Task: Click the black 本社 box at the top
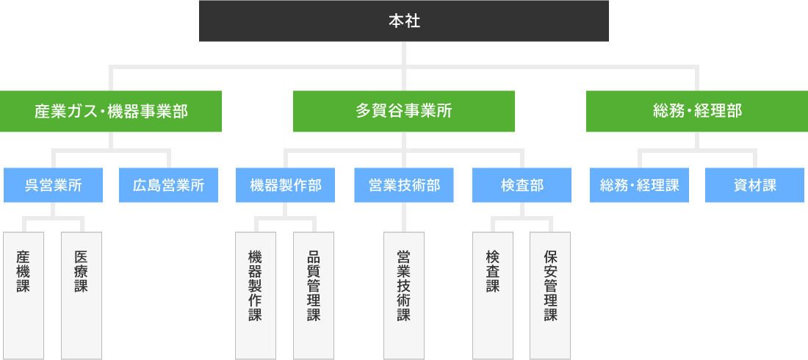pyautogui.click(x=404, y=21)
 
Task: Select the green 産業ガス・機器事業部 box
pyautogui.click(x=111, y=111)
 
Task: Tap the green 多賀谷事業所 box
pyautogui.click(x=404, y=111)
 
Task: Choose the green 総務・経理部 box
pyautogui.click(x=697, y=111)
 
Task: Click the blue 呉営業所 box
pyautogui.click(x=53, y=185)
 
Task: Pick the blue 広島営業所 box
pyautogui.click(x=169, y=185)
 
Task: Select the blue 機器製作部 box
pyautogui.click(x=286, y=185)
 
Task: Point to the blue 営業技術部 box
pyautogui.click(x=404, y=185)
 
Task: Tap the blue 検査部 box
pyautogui.click(x=522, y=185)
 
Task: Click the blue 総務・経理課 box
pyautogui.click(x=639, y=185)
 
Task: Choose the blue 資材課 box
pyautogui.click(x=754, y=185)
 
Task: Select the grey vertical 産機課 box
pyautogui.click(x=24, y=295)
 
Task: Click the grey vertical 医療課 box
pyautogui.click(x=82, y=295)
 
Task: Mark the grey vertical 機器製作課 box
pyautogui.click(x=256, y=295)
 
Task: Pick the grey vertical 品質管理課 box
pyautogui.click(x=314, y=295)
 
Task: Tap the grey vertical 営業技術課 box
pyautogui.click(x=404, y=295)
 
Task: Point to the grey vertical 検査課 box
pyautogui.click(x=492, y=295)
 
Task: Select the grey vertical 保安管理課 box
pyautogui.click(x=550, y=295)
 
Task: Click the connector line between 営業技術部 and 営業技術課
pyautogui.click(x=404, y=217)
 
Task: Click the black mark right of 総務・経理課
pyautogui.click(x=691, y=185)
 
